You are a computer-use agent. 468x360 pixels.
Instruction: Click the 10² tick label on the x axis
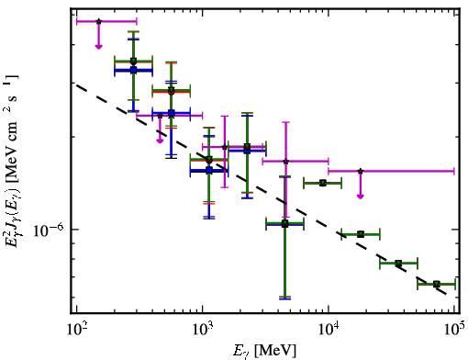click(x=76, y=330)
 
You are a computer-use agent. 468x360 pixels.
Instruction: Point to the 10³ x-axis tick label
click(x=203, y=330)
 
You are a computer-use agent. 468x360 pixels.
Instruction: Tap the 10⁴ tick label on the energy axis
click(x=329, y=330)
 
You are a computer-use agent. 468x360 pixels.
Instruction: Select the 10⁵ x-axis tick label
click(x=455, y=330)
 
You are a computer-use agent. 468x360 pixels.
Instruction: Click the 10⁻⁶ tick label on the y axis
click(x=50, y=230)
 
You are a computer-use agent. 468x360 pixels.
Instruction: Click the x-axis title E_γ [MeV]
click(x=264, y=351)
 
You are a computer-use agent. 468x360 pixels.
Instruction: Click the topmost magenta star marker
click(x=98, y=21)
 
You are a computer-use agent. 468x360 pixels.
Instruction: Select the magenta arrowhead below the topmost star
click(x=98, y=46)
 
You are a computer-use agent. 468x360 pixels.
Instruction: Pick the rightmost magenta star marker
click(x=361, y=171)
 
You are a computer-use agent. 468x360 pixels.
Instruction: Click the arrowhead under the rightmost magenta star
click(x=361, y=197)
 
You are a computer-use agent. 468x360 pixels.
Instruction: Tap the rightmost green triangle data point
click(x=437, y=284)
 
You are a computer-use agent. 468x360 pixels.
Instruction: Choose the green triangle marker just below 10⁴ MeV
click(x=322, y=183)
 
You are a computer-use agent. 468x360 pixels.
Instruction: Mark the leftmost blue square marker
click(x=133, y=70)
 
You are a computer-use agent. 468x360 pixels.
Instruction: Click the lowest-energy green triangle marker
click(x=133, y=61)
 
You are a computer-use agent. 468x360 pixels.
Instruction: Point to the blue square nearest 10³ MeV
click(x=209, y=170)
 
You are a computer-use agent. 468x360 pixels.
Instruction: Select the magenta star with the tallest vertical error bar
click(x=286, y=161)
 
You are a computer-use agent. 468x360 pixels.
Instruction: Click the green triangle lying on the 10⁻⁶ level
click(x=284, y=222)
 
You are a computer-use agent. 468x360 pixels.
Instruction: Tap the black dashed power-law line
click(x=262, y=190)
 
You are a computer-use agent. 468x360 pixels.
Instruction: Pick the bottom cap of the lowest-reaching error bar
click(x=284, y=298)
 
